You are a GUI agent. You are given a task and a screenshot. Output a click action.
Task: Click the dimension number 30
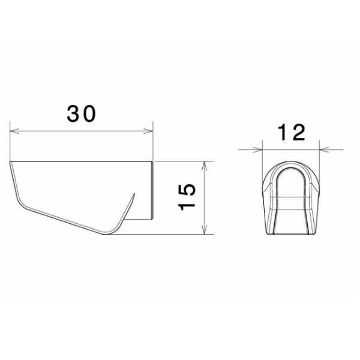(81, 114)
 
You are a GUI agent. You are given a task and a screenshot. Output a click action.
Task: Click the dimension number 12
(292, 133)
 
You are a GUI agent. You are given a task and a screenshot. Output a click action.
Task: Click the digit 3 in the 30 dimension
(73, 114)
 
